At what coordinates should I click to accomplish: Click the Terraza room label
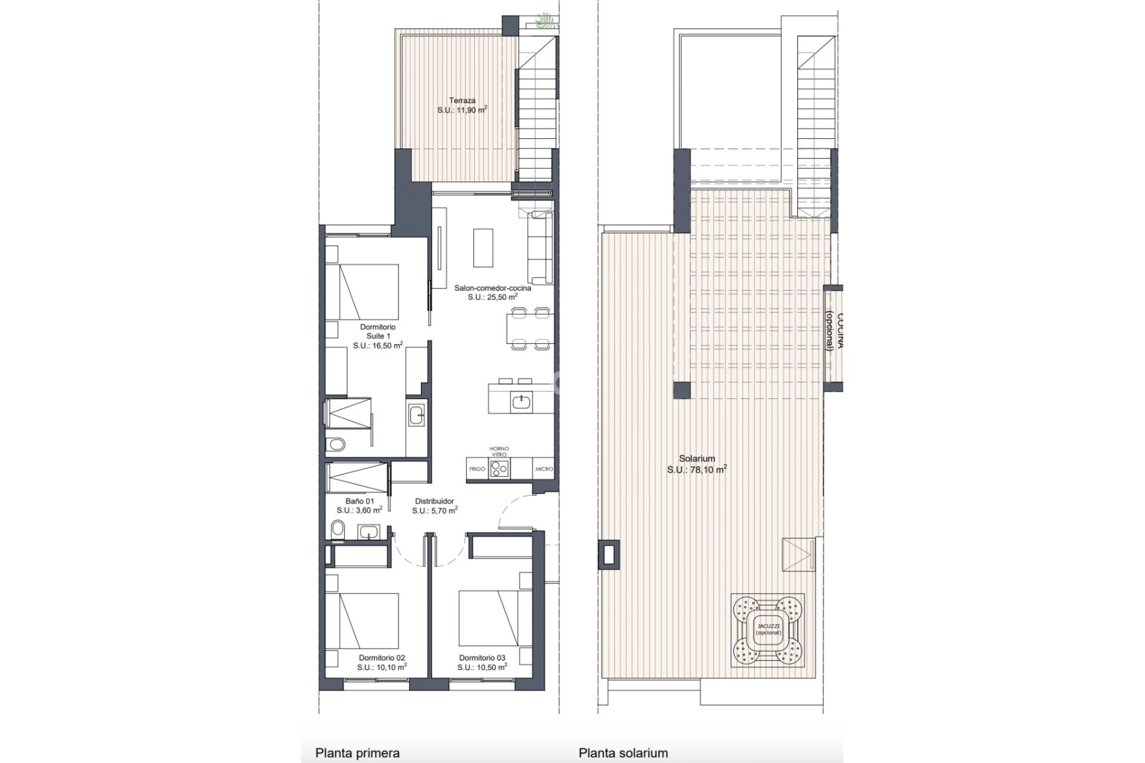462,101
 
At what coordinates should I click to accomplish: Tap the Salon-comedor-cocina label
493,288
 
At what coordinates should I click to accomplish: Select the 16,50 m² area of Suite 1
377,345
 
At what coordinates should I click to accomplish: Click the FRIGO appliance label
477,469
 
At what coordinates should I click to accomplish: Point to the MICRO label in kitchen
544,469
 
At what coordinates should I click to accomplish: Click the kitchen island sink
521,402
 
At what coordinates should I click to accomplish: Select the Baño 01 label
360,501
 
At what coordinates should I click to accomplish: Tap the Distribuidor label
435,501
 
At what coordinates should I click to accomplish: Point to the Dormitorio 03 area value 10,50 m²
482,667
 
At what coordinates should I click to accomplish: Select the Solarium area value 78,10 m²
697,470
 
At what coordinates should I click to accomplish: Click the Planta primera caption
357,753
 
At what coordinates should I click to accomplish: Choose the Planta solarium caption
623,753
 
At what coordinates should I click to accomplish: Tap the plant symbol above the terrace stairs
544,22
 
